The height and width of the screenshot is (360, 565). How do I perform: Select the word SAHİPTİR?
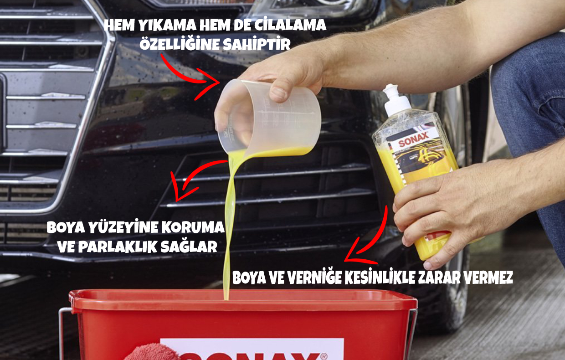[x=257, y=44]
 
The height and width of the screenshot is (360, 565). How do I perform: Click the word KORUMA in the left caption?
[x=193, y=227]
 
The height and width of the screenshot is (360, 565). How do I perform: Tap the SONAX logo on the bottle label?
[x=413, y=139]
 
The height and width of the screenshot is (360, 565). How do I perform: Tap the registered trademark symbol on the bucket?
[x=324, y=356]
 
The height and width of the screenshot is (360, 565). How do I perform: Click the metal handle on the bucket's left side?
[x=60, y=333]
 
